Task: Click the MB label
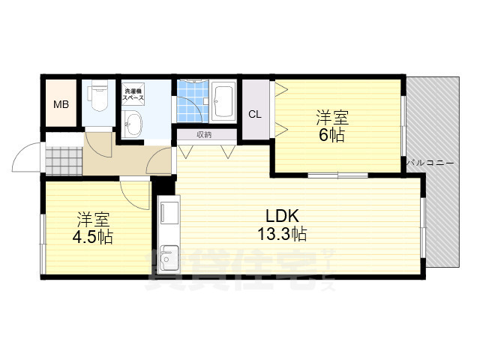tap(61, 105)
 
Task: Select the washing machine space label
tap(133, 95)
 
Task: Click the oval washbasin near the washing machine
tap(133, 123)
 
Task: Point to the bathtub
tap(223, 100)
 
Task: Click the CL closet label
tap(255, 115)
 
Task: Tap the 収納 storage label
tap(205, 134)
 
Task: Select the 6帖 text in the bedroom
tap(331, 135)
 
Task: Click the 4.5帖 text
tap(93, 237)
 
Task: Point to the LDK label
tap(282, 216)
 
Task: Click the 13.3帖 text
tap(282, 235)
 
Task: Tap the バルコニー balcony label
tap(430, 163)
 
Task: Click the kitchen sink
tap(168, 259)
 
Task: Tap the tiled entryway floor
tap(64, 161)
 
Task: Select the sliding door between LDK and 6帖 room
tap(337, 175)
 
